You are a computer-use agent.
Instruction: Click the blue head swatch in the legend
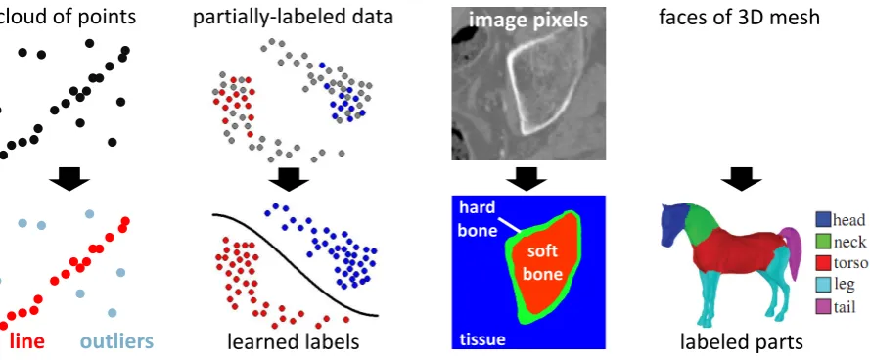point(823,220)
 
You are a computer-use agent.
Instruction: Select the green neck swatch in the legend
point(823,241)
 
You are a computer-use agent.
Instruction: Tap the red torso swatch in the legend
point(823,262)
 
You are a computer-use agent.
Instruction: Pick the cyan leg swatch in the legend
point(823,285)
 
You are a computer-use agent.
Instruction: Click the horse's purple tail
point(794,249)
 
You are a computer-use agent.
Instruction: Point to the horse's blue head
point(675,221)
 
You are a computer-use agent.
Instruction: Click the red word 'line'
point(26,340)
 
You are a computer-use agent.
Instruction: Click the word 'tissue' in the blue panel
point(481,338)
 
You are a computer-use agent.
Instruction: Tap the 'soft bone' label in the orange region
point(543,263)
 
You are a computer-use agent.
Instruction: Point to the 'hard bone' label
point(478,218)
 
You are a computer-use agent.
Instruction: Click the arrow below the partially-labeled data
point(289,177)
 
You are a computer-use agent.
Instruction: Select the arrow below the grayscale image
point(526,177)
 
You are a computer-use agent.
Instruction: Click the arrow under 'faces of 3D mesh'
point(741,177)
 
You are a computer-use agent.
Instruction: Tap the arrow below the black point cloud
point(69,177)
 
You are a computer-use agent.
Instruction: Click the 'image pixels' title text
point(528,20)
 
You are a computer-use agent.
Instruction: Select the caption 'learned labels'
point(293,341)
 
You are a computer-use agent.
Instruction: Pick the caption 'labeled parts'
point(741,341)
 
